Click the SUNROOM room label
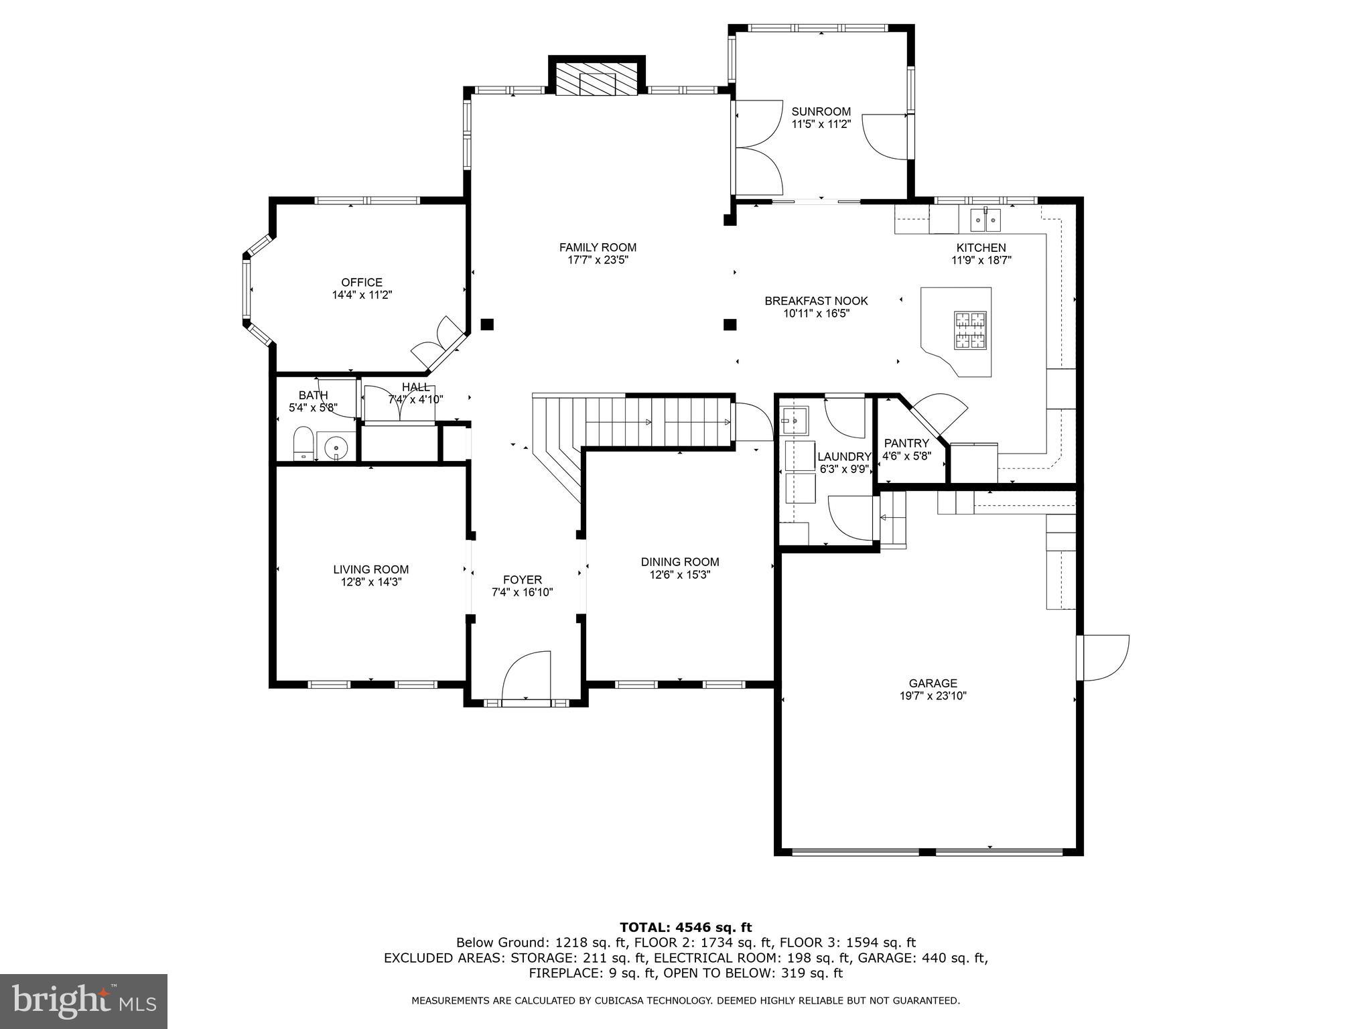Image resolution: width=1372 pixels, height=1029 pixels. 821,111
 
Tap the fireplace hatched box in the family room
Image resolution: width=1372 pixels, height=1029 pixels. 597,80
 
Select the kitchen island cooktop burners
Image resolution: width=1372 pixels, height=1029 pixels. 970,330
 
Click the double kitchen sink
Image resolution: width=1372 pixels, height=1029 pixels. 986,218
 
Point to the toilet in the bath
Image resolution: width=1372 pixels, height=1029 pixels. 303,443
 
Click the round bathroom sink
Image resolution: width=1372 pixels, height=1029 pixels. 334,445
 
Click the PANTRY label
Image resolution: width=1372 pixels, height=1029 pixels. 906,443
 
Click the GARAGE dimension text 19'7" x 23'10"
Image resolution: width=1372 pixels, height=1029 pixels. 933,696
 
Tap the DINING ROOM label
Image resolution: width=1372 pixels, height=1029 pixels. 680,562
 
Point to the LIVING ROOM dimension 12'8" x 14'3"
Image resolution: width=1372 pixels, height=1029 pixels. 371,582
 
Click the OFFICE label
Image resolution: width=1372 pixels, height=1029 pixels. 362,283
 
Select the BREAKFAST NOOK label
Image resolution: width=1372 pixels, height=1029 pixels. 816,301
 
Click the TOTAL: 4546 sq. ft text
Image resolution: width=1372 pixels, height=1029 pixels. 685,927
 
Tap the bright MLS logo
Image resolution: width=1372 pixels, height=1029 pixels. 84,1001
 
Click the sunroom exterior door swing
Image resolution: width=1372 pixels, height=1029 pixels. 885,137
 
